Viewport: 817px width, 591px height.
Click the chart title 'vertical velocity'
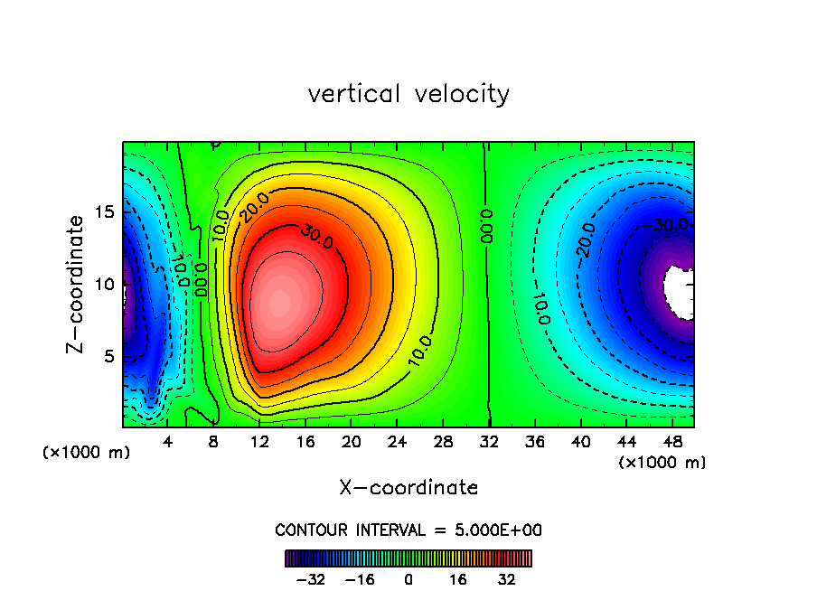(408, 94)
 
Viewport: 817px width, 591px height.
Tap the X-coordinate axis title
(408, 488)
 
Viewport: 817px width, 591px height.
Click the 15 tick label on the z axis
(106, 211)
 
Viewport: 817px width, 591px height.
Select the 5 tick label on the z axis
(110, 356)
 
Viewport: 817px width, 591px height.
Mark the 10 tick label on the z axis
(106, 284)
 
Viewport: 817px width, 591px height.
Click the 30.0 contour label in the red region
(317, 239)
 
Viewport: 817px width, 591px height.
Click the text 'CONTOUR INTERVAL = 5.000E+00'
(408, 530)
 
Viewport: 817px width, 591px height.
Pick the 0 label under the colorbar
(408, 578)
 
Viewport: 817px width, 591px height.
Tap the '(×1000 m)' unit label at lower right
(662, 463)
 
